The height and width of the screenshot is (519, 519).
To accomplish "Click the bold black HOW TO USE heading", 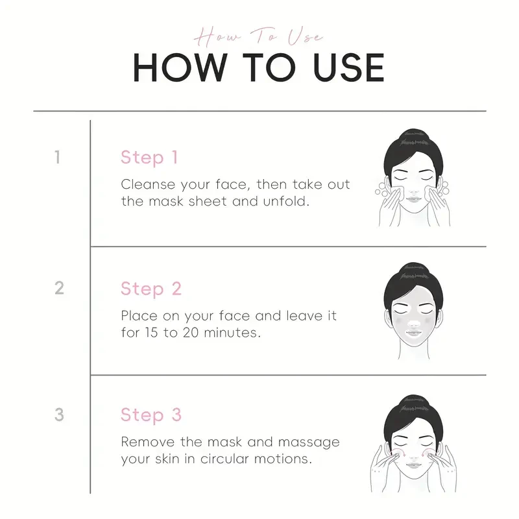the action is click(258, 67).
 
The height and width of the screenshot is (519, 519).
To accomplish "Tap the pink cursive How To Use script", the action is click(258, 36).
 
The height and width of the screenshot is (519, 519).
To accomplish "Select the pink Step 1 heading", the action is click(149, 158).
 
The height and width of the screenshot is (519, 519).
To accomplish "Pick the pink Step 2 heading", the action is click(151, 289).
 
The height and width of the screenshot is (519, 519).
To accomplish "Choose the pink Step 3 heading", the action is click(151, 415).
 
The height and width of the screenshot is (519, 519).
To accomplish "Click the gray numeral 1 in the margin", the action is click(58, 157).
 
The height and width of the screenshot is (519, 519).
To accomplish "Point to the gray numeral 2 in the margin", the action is click(59, 288).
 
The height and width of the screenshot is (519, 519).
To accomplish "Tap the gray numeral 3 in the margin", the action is click(59, 415).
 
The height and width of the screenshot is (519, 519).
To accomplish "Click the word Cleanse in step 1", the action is click(148, 184).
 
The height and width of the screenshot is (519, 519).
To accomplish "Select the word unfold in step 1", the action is click(286, 201).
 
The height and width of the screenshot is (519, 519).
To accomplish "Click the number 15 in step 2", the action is click(151, 333).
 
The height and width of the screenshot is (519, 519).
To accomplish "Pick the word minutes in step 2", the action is click(232, 333).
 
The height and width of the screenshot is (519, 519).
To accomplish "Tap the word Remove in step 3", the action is click(148, 442).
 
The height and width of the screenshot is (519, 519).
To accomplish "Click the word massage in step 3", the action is click(309, 442).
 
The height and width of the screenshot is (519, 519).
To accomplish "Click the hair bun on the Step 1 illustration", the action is click(413, 138).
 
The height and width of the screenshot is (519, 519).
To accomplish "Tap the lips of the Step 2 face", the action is click(413, 333).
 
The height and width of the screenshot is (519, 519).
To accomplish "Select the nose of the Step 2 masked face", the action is click(413, 322).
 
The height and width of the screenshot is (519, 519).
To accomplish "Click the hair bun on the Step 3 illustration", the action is click(413, 404).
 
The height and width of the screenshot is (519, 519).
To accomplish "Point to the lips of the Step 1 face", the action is click(413, 199).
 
